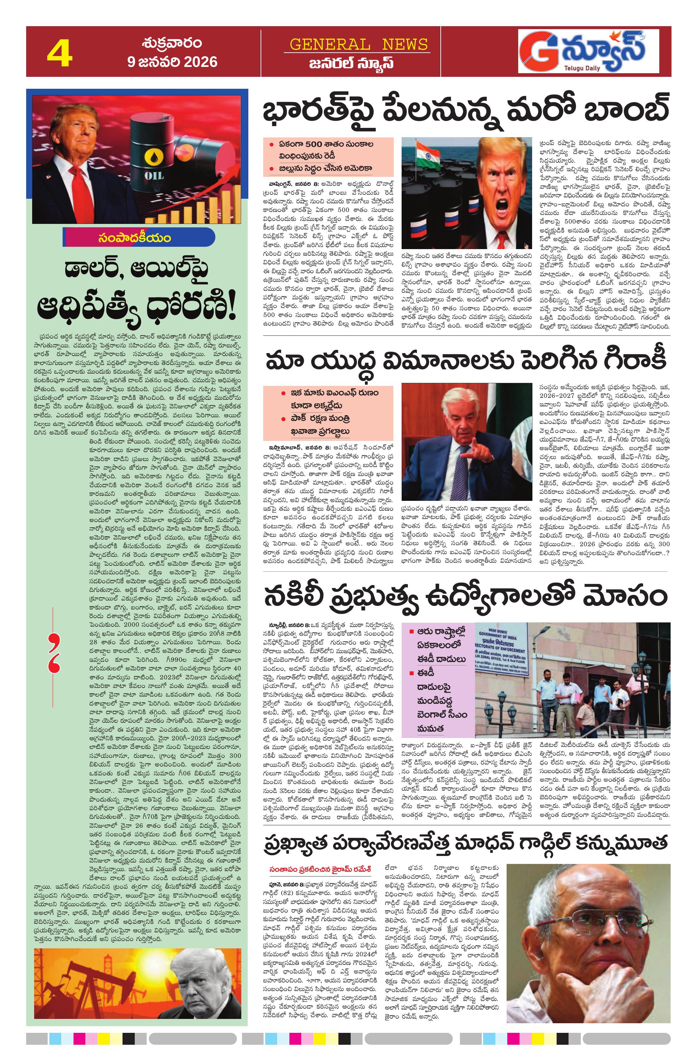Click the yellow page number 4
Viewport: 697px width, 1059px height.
pyautogui.click(x=60, y=53)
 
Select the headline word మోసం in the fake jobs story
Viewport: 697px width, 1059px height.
pyautogui.click(x=629, y=595)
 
